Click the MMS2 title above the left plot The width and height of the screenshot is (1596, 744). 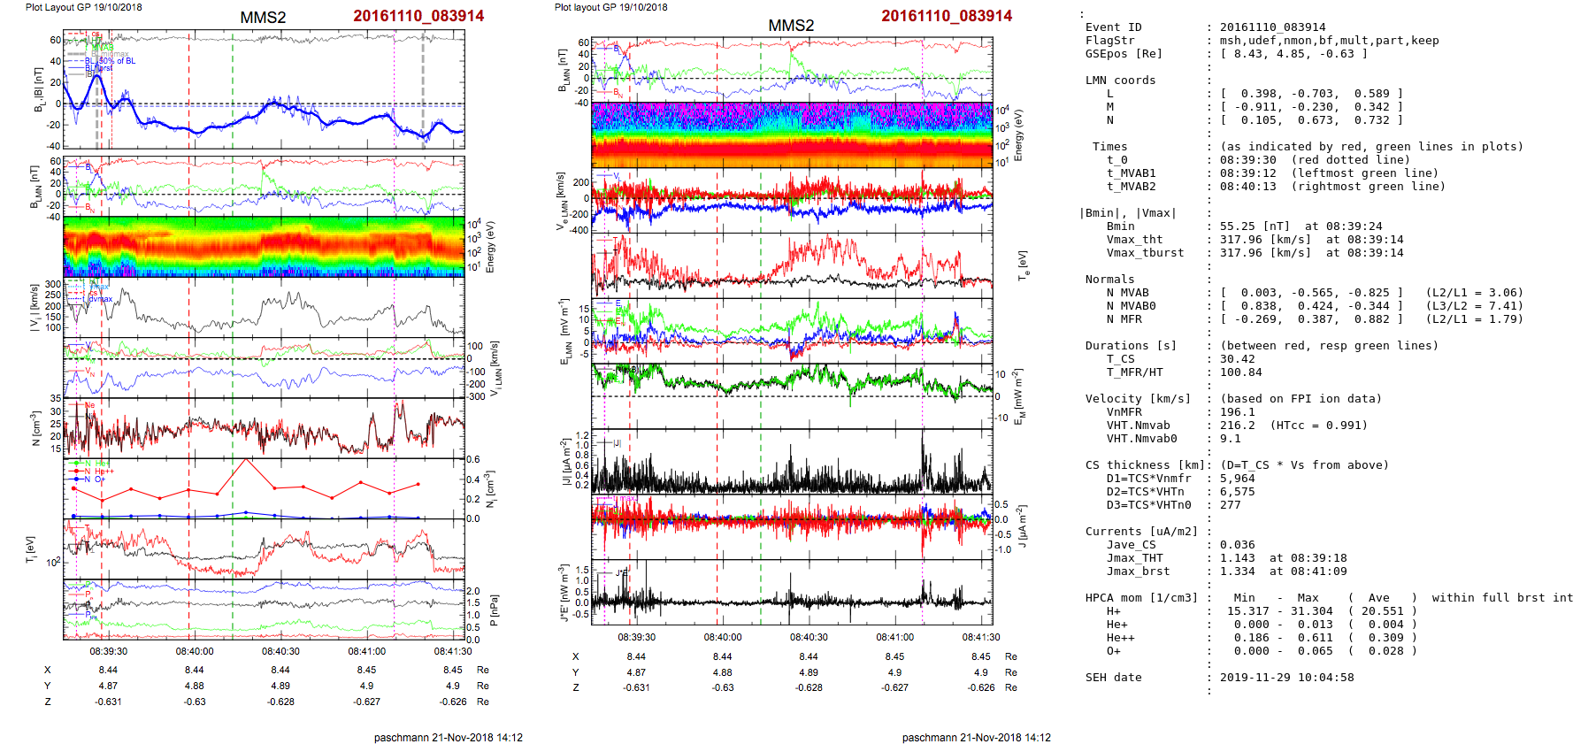point(263,18)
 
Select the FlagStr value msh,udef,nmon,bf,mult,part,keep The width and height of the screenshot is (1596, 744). point(1330,41)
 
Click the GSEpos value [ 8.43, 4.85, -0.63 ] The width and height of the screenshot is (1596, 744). point(1293,54)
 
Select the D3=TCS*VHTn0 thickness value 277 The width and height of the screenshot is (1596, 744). point(1231,505)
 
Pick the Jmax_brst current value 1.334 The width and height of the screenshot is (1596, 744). point(1238,571)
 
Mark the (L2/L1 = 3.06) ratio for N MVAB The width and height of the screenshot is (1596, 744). point(1474,293)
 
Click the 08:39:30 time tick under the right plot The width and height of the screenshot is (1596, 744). point(637,637)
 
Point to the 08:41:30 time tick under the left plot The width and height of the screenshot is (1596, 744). point(453,651)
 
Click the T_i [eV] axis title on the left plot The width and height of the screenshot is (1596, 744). point(31,550)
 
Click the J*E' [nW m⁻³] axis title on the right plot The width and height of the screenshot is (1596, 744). point(564,594)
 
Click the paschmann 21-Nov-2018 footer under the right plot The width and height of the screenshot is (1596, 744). point(976,737)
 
